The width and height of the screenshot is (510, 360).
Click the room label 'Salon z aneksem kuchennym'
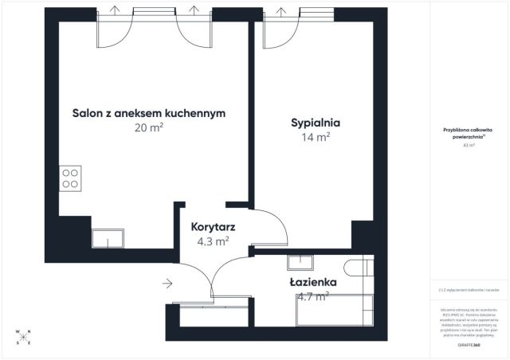[149, 113]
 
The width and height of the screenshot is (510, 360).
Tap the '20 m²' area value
[149, 127]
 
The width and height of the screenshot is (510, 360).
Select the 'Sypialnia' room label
[316, 123]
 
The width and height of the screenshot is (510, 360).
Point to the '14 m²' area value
[316, 136]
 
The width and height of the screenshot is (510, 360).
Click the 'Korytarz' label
[213, 226]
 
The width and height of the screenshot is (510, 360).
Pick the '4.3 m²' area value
[213, 240]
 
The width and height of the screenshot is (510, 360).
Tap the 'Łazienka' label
[312, 282]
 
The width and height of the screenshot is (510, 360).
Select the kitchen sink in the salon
[107, 237]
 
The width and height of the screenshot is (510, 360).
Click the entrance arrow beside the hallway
[167, 283]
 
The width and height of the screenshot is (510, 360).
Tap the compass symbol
[23, 338]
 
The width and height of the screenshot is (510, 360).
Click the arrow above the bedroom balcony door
[280, 10]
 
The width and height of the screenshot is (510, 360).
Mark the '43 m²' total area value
[469, 146]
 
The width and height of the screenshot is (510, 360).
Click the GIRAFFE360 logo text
[469, 346]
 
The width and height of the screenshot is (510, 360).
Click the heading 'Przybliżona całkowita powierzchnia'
[469, 133]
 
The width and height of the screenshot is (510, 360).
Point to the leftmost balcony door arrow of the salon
[116, 10]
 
